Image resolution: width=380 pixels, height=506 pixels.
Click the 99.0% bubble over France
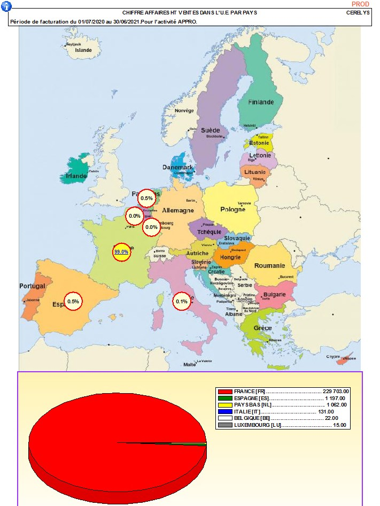pyautogui.click(x=121, y=251)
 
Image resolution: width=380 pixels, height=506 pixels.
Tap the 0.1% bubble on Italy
pyautogui.click(x=182, y=302)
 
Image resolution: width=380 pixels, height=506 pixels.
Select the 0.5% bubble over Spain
pyautogui.click(x=73, y=301)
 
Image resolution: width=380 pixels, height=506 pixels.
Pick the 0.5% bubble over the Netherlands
pyautogui.click(x=146, y=198)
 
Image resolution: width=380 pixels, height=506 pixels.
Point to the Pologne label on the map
pyautogui.click(x=232, y=209)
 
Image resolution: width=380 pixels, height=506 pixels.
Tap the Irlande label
pyautogui.click(x=76, y=175)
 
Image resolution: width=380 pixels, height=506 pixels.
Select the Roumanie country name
pyautogui.click(x=269, y=266)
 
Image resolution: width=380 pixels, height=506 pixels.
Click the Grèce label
pyautogui.click(x=262, y=328)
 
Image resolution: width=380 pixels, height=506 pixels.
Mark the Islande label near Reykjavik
pyautogui.click(x=83, y=50)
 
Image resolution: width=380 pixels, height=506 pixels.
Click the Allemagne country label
pyautogui.click(x=177, y=211)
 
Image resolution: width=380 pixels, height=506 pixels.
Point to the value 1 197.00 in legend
pyautogui.click(x=335, y=398)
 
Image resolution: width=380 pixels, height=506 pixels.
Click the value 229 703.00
pyautogui.click(x=334, y=392)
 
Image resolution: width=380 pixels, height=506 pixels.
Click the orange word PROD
pyautogui.click(x=360, y=4)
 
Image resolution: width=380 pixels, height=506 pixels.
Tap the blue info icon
pyautogui.click(x=5, y=5)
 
